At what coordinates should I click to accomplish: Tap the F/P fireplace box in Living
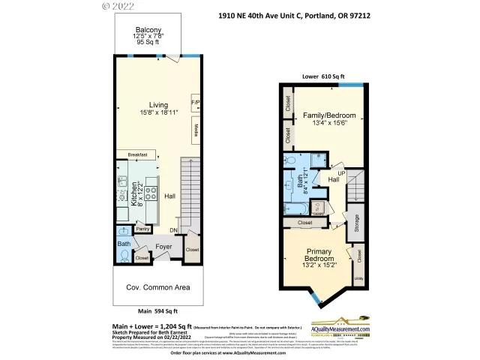195,102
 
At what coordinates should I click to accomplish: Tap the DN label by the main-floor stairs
174,229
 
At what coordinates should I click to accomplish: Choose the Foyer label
163,246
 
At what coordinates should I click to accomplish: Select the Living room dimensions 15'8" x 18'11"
157,112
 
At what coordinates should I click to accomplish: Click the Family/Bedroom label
328,115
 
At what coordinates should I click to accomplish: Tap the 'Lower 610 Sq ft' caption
323,76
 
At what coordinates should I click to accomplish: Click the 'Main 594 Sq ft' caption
157,310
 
